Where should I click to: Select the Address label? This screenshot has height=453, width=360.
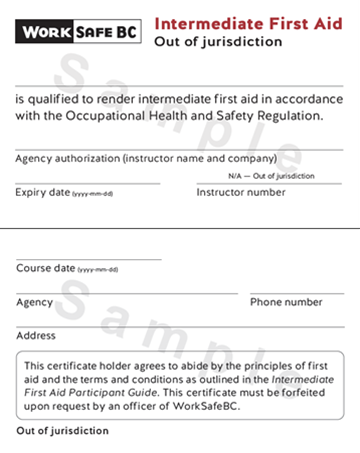[x=36, y=336]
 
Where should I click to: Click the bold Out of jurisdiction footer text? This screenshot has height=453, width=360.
[x=62, y=431]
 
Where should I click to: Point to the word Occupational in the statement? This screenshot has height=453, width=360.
[x=146, y=116]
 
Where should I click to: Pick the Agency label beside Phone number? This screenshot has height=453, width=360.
[x=35, y=301]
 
